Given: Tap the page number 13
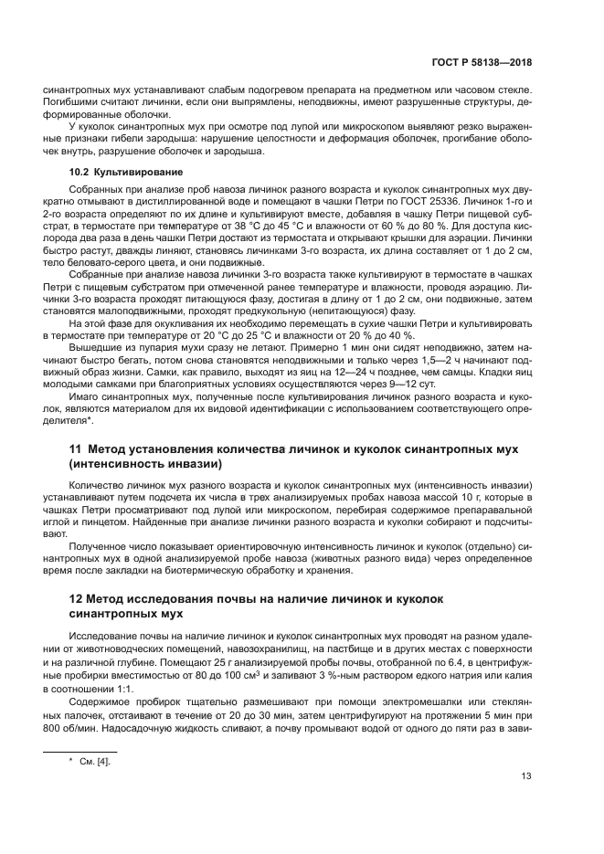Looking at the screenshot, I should [x=526, y=776].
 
